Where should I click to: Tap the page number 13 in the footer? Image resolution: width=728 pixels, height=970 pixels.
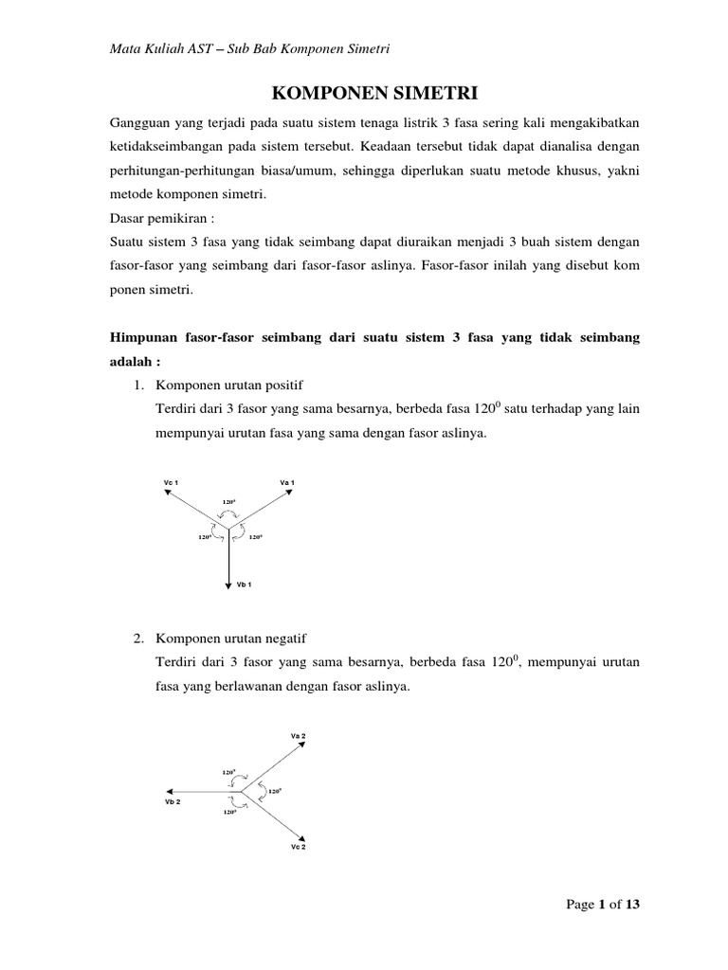pyautogui.click(x=632, y=904)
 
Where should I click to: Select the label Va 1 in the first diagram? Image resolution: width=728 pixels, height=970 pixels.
pyautogui.click(x=287, y=483)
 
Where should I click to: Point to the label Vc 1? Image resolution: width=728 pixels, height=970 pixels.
pyautogui.click(x=172, y=483)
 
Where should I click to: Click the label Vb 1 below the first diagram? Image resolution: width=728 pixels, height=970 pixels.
pyautogui.click(x=244, y=585)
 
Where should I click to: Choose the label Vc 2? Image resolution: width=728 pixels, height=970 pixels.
pyautogui.click(x=298, y=846)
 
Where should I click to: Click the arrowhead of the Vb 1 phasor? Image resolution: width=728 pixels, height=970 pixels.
pyautogui.click(x=228, y=585)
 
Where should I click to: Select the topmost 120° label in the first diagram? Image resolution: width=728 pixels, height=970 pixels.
pyautogui.click(x=229, y=500)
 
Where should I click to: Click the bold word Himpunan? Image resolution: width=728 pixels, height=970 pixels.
pyautogui.click(x=147, y=338)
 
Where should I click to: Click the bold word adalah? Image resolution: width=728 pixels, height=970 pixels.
pyautogui.click(x=134, y=361)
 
